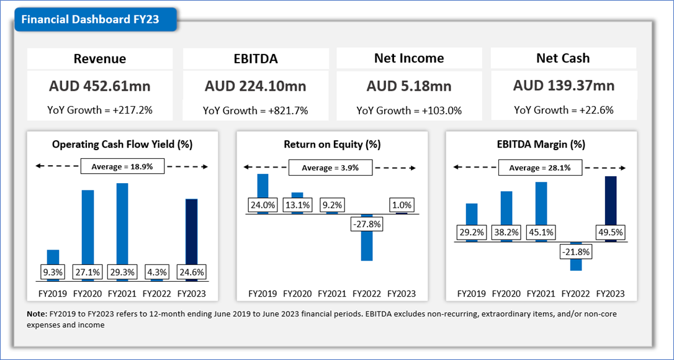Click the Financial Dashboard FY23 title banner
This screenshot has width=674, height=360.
[x=91, y=19]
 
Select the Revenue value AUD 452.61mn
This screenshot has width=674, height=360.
[x=100, y=86]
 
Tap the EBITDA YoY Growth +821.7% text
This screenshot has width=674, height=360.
[x=256, y=111]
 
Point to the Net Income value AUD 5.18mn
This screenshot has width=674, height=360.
[x=409, y=86]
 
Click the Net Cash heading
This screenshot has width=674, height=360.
[x=563, y=58]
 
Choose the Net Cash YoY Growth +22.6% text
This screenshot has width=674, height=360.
[x=564, y=110]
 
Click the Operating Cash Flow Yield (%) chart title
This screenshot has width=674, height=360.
[x=122, y=145]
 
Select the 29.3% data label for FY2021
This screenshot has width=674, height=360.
[x=122, y=272]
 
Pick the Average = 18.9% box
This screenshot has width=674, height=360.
[x=122, y=167]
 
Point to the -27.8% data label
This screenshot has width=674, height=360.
[x=367, y=223]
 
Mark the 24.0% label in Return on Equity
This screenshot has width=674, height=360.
[x=263, y=205]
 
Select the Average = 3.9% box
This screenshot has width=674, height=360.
[x=331, y=168]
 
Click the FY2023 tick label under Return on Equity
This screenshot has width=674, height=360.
[x=402, y=294]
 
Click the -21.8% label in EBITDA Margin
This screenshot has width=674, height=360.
[x=576, y=252]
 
